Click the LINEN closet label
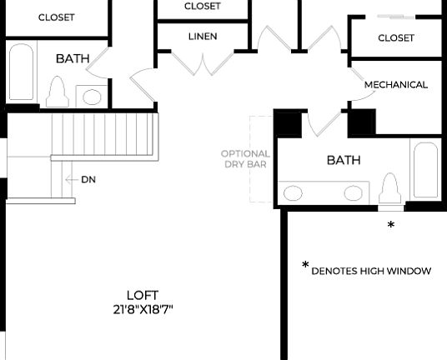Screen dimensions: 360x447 203,37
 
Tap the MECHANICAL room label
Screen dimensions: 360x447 396,85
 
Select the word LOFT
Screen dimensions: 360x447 143,295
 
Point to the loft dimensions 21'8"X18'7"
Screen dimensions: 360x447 143,309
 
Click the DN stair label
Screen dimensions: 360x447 88,180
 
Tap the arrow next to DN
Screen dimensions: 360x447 70,180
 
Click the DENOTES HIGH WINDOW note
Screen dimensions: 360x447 371,271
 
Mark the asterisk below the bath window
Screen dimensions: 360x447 390,226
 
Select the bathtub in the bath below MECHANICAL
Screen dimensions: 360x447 425,170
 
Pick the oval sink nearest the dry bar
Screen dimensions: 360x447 294,193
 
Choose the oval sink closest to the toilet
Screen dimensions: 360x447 354,193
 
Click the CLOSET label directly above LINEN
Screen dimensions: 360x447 203,7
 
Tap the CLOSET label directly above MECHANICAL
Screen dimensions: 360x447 396,38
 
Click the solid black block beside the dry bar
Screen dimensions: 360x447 288,124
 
